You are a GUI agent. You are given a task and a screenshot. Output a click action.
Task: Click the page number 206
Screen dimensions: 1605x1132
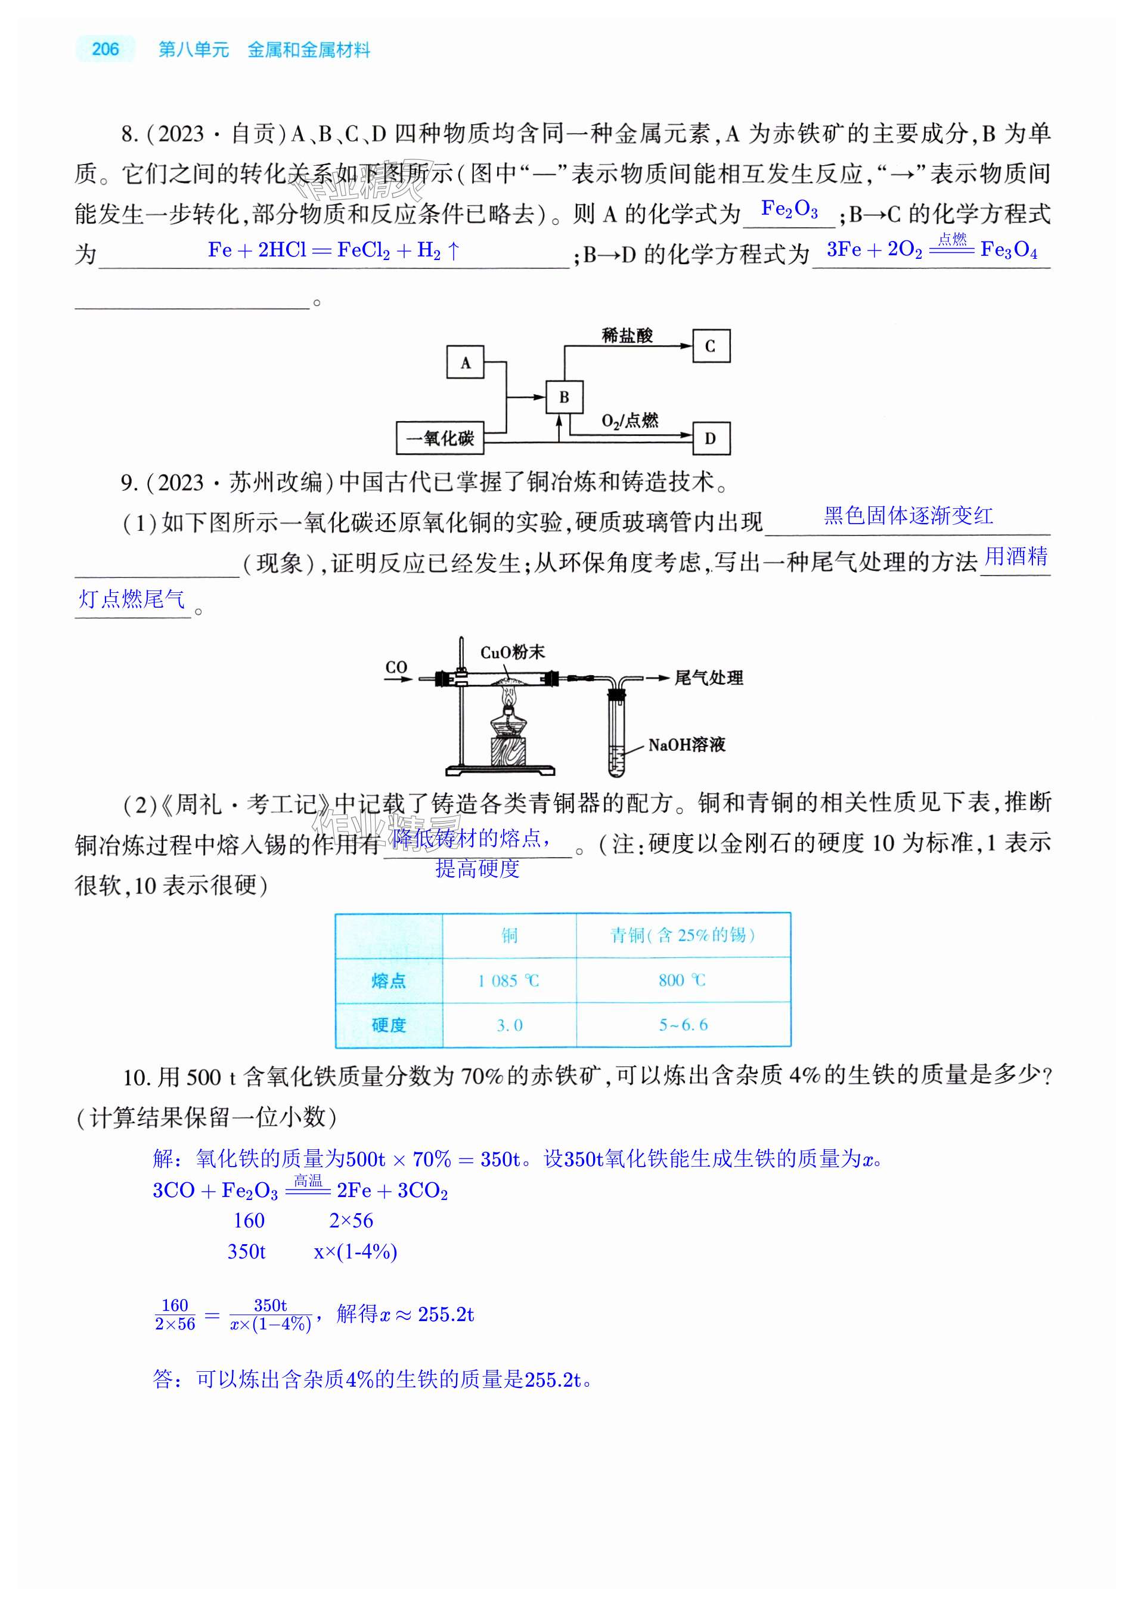click(105, 49)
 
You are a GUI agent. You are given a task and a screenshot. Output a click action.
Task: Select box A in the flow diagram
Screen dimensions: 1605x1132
click(466, 363)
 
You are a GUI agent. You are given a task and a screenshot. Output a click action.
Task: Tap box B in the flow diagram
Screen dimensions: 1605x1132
click(564, 397)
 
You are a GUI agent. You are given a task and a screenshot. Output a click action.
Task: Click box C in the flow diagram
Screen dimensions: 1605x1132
click(711, 346)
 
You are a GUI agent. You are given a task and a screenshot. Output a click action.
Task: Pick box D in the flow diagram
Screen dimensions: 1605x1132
click(711, 438)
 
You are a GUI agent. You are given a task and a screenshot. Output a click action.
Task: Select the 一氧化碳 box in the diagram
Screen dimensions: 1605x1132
click(439, 438)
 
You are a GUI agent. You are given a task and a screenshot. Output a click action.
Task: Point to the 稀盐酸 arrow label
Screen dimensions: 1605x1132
click(627, 336)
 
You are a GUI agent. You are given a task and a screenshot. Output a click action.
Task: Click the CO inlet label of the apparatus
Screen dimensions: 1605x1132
click(396, 667)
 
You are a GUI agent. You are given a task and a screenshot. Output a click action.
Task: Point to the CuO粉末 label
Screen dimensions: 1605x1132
click(512, 652)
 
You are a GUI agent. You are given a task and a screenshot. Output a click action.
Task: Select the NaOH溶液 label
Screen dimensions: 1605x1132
click(687, 745)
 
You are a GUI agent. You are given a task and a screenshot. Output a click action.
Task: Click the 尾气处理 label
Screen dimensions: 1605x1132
click(708, 678)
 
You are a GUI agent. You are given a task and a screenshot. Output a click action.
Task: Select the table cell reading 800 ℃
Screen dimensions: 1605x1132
click(682, 980)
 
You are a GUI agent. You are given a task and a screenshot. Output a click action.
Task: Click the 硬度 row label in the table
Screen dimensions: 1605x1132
click(389, 1025)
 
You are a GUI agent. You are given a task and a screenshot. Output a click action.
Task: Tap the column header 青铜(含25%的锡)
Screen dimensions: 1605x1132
click(682, 935)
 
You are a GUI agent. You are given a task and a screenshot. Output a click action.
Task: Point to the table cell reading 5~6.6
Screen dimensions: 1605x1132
click(683, 1025)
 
